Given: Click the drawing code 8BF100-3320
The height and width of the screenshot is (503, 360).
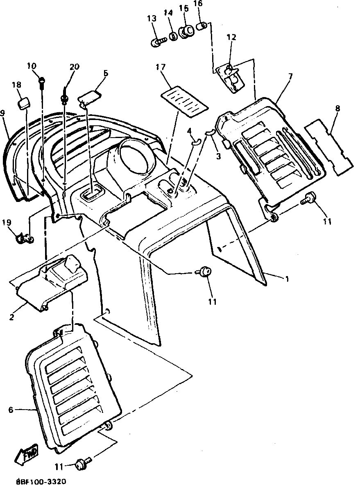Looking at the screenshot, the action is (41, 482).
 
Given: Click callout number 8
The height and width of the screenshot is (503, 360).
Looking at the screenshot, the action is (337, 109).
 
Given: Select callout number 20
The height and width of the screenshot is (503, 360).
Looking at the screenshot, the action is (74, 67).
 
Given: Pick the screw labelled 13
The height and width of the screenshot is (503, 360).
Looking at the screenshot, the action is (157, 42).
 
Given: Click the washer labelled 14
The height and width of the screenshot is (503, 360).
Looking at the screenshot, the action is (174, 36).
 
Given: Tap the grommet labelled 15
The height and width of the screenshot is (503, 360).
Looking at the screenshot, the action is (186, 32).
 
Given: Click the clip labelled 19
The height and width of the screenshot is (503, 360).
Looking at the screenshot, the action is (24, 237).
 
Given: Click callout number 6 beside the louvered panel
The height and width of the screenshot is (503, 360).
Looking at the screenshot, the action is (11, 409).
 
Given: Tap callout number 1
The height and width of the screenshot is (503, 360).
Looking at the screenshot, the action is (287, 279).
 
